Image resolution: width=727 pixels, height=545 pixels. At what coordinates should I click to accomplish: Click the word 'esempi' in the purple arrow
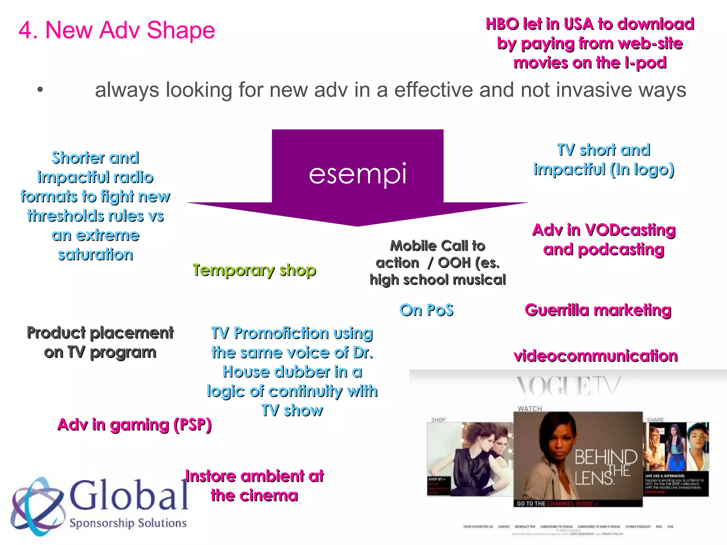pos(357,174)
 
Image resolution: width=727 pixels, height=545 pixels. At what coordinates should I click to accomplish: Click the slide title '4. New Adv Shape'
pos(117,30)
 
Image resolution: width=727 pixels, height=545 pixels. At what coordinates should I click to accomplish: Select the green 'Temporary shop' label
pos(254,270)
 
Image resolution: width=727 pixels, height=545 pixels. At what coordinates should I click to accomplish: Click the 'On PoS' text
pos(426,310)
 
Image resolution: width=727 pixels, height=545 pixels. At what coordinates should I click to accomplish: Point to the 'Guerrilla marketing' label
pos(598,310)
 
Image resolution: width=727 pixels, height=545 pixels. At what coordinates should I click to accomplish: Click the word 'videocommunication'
pos(596,356)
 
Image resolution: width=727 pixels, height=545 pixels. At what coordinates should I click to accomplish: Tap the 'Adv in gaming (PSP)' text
pos(135,425)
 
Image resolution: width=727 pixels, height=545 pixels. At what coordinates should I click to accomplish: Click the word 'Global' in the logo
pos(129,495)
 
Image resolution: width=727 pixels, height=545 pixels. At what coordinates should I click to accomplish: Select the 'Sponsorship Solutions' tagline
pos(128,523)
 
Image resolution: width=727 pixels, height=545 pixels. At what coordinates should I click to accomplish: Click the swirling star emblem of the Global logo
pos(37,506)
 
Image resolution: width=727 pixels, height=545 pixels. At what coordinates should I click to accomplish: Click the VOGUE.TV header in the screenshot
pos(568,386)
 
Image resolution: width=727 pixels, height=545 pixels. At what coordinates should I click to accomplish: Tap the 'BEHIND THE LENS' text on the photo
pos(606,467)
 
